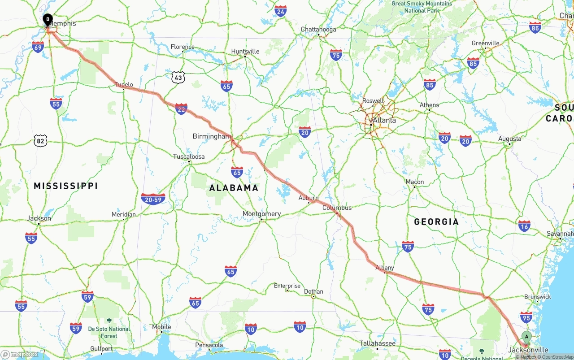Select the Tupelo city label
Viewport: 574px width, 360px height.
tap(124, 84)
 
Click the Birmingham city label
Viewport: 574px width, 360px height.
tap(212, 136)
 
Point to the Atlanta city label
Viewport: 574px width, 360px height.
tap(384, 120)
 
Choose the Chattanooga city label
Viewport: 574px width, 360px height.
tap(318, 30)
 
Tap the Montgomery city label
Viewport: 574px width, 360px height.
tap(261, 214)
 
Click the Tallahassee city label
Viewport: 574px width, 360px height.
tap(377, 343)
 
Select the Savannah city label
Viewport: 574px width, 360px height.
tap(560, 234)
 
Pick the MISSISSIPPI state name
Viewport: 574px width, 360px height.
tap(65, 186)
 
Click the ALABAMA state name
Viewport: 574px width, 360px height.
tap(234, 188)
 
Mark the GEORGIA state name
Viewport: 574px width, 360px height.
tap(436, 221)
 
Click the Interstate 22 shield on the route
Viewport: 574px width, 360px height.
tap(181, 109)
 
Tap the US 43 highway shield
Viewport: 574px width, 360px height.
tap(178, 78)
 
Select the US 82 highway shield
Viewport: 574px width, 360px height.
tap(40, 141)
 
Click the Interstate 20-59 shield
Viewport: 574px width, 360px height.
tap(153, 199)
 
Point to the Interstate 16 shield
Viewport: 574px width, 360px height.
tap(524, 226)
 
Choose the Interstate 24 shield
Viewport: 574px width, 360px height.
tap(281, 11)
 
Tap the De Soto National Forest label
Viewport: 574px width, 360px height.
tap(109, 332)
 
